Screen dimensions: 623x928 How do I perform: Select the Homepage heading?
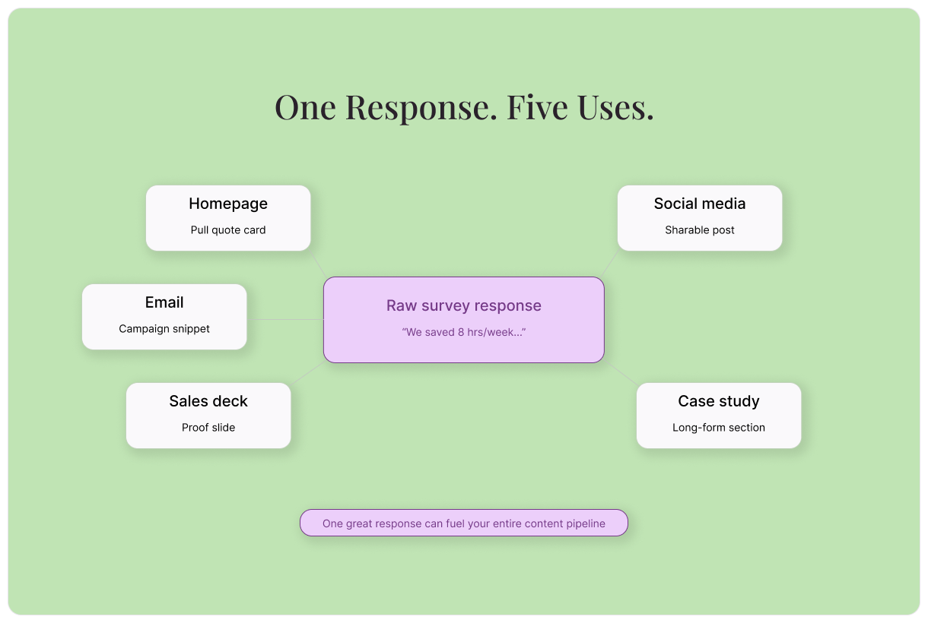228,204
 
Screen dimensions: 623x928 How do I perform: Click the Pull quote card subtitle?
228,230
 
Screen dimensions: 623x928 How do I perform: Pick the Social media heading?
700,204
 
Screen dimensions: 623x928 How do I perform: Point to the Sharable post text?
700,230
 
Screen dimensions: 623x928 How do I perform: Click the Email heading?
164,302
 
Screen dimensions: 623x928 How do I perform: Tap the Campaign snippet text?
164,329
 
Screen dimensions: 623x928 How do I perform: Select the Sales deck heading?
208,401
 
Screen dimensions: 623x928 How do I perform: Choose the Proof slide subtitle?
208,428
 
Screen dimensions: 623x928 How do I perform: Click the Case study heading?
719,401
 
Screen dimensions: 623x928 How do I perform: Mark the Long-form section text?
719,428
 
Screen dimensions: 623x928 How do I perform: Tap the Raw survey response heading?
464,305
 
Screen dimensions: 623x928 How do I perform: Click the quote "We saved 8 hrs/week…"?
464,333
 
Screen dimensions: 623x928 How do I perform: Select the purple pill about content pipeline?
464,523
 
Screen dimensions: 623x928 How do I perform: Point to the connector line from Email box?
285,320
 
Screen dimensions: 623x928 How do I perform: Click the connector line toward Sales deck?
307,373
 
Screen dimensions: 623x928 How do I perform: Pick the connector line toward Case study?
621,373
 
